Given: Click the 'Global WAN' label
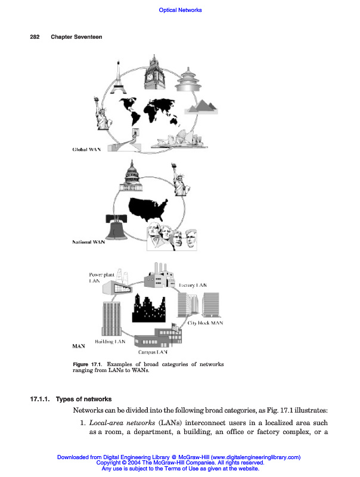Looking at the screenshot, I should point(86,149).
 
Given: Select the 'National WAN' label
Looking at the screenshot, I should point(88,243).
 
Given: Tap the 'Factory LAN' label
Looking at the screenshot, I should point(193,286).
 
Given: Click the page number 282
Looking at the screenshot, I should point(35,37).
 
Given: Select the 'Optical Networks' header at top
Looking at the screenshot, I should point(180,10).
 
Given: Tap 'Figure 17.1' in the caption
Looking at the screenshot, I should point(88,364).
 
